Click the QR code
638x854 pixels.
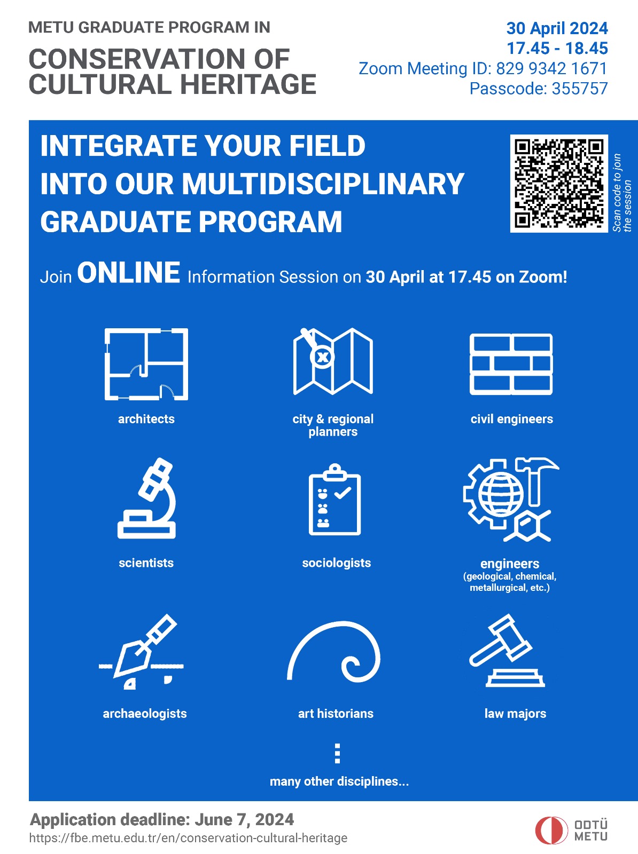(x=559, y=183)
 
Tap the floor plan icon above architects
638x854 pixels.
(x=146, y=364)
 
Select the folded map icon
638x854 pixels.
(x=333, y=361)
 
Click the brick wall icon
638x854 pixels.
(x=511, y=364)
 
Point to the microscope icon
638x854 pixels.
(x=147, y=499)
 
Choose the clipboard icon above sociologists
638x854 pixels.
(x=334, y=500)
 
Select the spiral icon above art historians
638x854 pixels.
(x=334, y=652)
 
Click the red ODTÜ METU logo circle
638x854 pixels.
(x=551, y=830)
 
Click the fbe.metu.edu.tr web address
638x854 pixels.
(x=188, y=837)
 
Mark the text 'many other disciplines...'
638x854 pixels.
(x=339, y=781)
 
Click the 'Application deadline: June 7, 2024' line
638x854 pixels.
(x=162, y=819)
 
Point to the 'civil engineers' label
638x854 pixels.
(x=511, y=418)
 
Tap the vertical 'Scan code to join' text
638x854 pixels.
(x=622, y=193)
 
